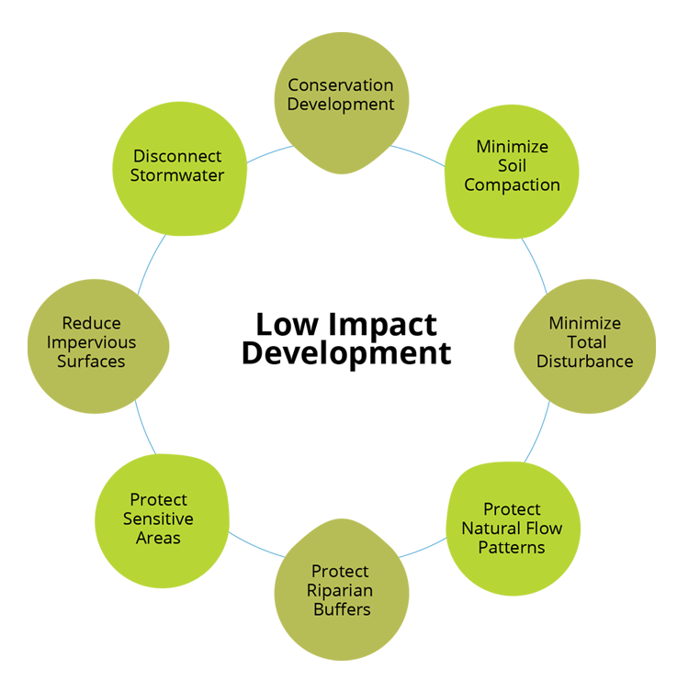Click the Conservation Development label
[x=341, y=94]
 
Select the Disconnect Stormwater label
[x=177, y=165]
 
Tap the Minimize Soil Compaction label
[x=512, y=165]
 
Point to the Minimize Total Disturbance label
[x=584, y=341]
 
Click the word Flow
[x=543, y=528]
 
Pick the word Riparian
[x=340, y=589]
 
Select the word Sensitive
[x=158, y=518]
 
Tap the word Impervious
[x=91, y=342]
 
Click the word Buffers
[x=340, y=608]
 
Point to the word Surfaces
[x=91, y=361]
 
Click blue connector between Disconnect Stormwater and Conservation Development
[x=272, y=162]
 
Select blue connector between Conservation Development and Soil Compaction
[x=410, y=163]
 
